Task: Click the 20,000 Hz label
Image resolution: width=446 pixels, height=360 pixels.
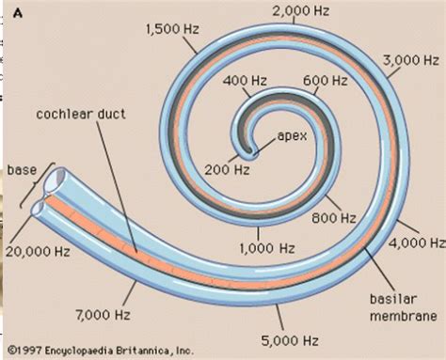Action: (38, 251)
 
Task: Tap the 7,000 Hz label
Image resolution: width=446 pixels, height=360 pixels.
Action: (103, 315)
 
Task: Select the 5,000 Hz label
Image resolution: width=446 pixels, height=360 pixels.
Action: (290, 340)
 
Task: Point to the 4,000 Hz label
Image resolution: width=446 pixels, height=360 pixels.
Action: (417, 243)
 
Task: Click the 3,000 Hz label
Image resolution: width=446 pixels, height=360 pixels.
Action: (410, 60)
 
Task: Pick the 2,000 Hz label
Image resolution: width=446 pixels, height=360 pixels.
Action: (301, 11)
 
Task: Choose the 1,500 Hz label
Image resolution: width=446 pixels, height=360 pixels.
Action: (172, 29)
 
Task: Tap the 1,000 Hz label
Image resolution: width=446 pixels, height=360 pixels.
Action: (267, 248)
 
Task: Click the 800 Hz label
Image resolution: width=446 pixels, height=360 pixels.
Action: (334, 218)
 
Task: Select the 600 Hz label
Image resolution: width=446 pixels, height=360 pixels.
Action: (326, 81)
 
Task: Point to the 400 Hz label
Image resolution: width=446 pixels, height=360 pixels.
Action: (245, 81)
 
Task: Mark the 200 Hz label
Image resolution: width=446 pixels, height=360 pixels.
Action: (227, 170)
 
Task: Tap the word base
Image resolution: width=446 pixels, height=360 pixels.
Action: (22, 170)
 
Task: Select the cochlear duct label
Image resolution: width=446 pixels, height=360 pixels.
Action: (81, 114)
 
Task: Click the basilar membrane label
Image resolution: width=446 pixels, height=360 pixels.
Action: (404, 307)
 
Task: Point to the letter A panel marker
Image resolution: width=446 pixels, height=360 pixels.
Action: (18, 14)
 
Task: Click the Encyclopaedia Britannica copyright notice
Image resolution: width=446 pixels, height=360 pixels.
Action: (101, 351)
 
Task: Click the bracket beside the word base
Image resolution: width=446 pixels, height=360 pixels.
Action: (38, 185)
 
